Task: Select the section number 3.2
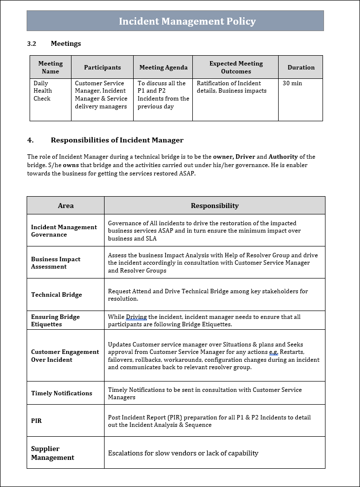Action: pyautogui.click(x=32, y=43)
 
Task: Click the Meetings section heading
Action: pyautogui.click(x=66, y=43)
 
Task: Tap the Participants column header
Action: pyautogui.click(x=102, y=68)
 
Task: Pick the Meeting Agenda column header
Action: pyautogui.click(x=163, y=68)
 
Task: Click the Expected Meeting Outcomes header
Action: pyautogui.click(x=236, y=68)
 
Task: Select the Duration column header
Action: pyautogui.click(x=301, y=68)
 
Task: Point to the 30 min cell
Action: pyautogui.click(x=292, y=83)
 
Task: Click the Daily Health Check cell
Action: pyautogui.click(x=42, y=91)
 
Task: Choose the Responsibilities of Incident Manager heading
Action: pyautogui.click(x=117, y=140)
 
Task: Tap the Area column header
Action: pyautogui.click(x=66, y=206)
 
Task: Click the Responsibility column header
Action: pyautogui.click(x=215, y=206)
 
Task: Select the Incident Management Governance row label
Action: pyautogui.click(x=64, y=231)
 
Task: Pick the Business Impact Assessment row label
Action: pyautogui.click(x=56, y=263)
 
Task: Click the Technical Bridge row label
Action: pyautogui.click(x=57, y=295)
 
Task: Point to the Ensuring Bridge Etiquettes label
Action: pyautogui.click(x=55, y=320)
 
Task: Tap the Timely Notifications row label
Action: pyautogui.click(x=62, y=393)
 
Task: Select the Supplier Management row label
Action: pyautogui.click(x=53, y=453)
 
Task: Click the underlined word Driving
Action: pyautogui.click(x=137, y=317)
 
